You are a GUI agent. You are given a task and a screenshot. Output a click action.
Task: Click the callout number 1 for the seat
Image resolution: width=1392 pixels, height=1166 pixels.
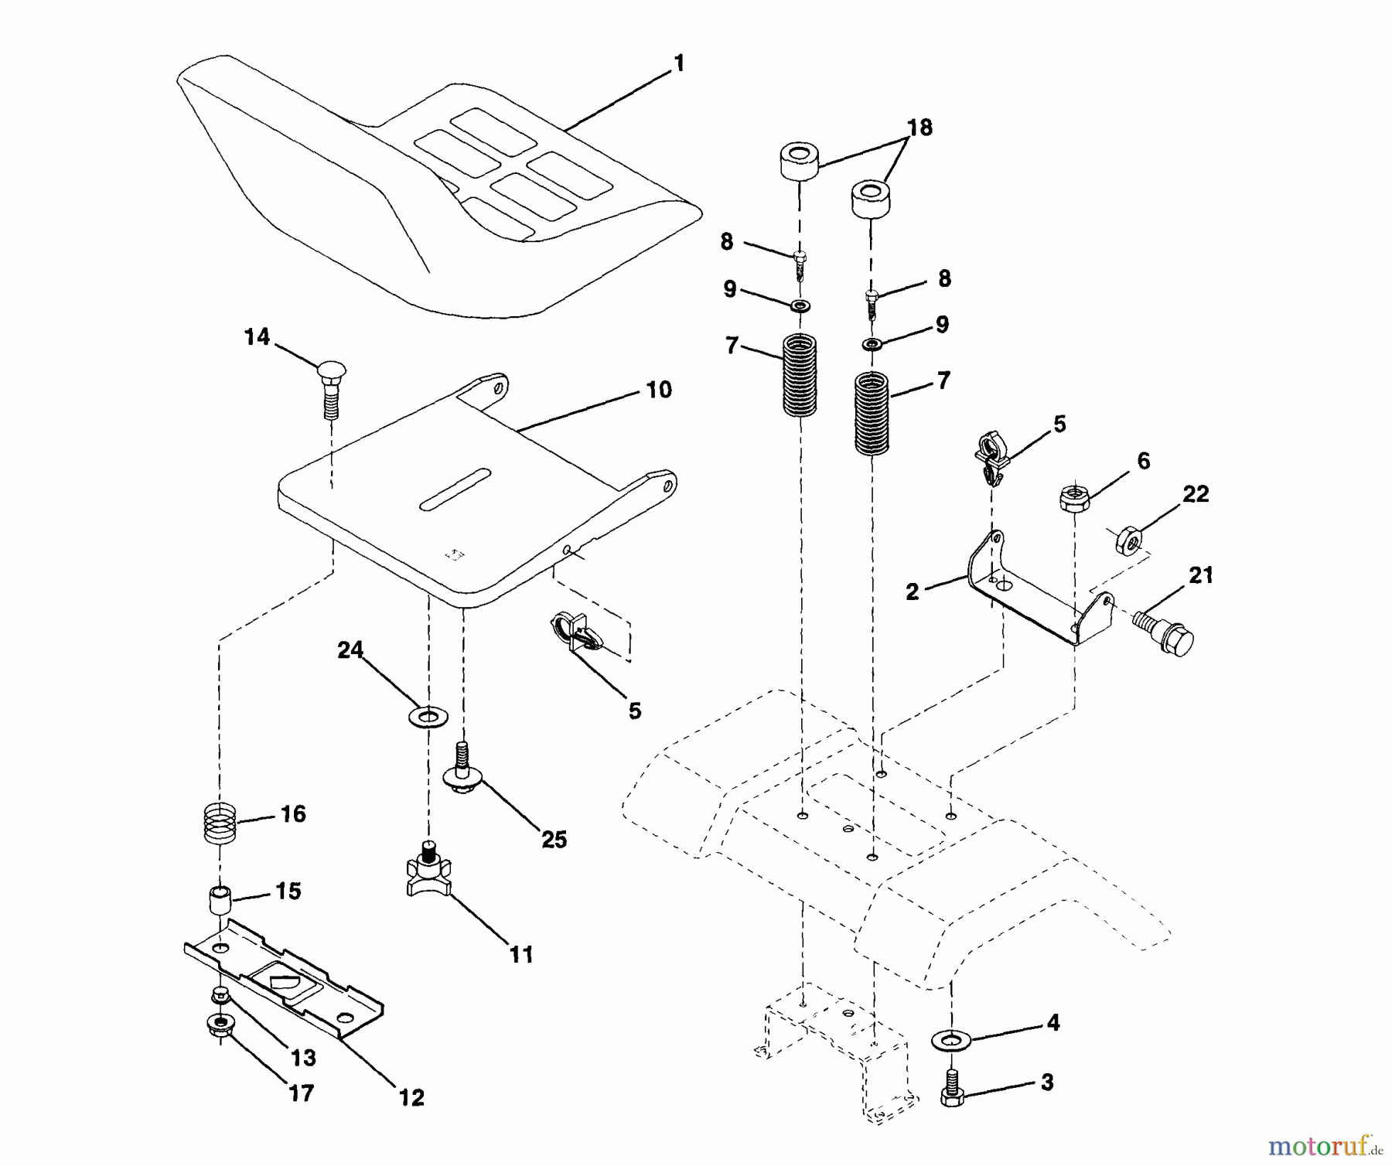[679, 63]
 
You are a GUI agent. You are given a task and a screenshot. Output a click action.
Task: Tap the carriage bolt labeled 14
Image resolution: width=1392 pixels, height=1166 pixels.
[330, 387]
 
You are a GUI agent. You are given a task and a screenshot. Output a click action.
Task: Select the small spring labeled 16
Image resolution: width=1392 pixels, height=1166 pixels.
[220, 823]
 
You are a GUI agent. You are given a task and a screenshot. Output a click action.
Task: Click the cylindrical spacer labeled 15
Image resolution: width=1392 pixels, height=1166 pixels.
[220, 902]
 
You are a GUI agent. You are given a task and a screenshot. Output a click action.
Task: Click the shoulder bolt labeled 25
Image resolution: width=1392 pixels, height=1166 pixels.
[462, 769]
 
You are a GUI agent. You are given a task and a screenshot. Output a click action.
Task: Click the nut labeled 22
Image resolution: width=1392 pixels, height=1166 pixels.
[1129, 540]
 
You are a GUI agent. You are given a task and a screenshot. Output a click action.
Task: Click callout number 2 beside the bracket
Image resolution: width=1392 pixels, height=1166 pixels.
[913, 592]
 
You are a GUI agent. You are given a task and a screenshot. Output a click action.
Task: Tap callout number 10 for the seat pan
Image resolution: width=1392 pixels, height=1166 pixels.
[658, 390]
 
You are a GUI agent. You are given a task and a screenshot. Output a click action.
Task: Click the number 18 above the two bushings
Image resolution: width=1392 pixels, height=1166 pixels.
[919, 128]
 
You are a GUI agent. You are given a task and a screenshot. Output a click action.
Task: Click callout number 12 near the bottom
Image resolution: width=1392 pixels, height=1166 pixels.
[411, 1097]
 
